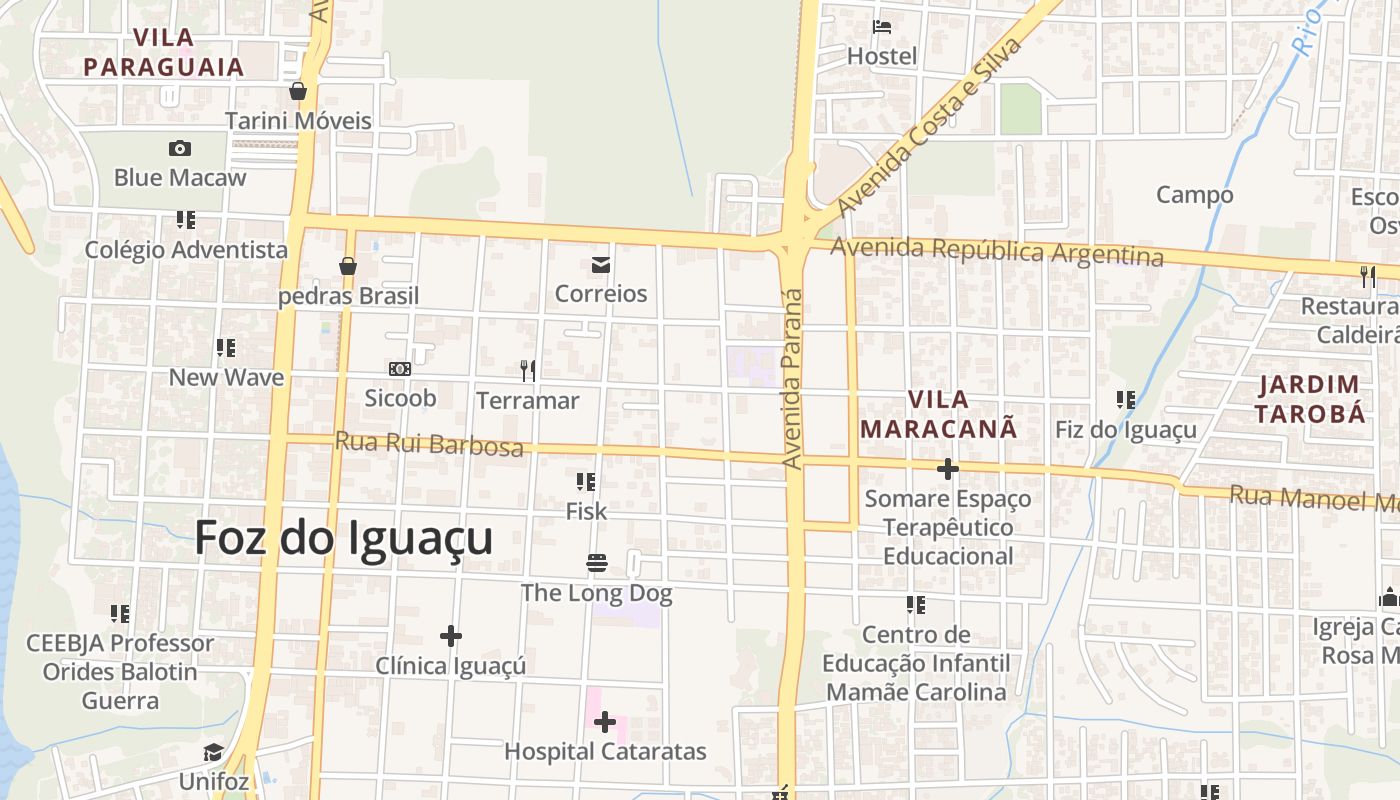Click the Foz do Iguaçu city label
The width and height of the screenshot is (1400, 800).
pos(343,538)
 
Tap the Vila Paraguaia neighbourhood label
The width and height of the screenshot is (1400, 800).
pos(163,53)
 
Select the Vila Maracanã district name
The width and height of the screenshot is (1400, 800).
pos(938,414)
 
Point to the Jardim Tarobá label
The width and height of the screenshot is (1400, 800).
pos(1310,399)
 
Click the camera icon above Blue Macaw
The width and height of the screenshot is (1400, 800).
pos(180,148)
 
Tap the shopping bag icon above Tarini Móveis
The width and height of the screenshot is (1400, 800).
pos(297,92)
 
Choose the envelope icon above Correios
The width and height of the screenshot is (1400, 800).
pos(601,265)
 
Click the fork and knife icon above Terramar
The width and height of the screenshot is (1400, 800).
pos(528,371)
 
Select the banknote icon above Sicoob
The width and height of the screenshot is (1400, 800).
pos(400,369)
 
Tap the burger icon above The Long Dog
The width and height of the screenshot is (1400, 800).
pos(597,563)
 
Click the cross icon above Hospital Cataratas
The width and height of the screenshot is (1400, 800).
pos(605,722)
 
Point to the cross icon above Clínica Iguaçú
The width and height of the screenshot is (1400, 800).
pos(451,635)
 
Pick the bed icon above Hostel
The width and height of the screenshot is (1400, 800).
pos(882,27)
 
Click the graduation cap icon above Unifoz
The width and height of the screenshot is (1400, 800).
pos(213,752)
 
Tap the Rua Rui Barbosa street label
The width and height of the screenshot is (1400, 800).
pos(429,443)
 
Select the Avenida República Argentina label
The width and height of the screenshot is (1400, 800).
pos(997,251)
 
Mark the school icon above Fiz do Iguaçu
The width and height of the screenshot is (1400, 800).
pos(1126,400)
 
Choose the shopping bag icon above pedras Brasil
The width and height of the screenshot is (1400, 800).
pos(348,266)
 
